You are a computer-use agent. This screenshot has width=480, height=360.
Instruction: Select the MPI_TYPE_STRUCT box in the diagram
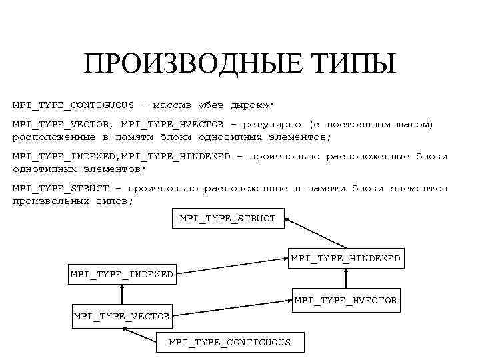click(x=228, y=218)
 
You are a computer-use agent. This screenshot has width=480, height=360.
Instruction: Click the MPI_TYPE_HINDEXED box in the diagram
click(x=345, y=258)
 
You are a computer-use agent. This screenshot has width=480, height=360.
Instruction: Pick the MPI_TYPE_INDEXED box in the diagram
click(x=121, y=274)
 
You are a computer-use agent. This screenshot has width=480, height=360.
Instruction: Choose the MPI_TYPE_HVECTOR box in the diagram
click(x=345, y=301)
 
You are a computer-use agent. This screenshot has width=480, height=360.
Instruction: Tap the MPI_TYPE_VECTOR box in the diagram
click(x=121, y=315)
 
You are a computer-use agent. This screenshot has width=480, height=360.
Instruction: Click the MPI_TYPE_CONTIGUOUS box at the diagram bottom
click(x=229, y=342)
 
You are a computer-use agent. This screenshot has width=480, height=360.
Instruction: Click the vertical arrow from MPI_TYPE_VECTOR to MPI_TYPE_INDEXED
click(x=121, y=295)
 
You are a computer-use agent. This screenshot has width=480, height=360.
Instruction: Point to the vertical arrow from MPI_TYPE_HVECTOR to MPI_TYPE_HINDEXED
click(x=346, y=279)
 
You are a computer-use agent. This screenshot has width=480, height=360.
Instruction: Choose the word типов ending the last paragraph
click(x=114, y=201)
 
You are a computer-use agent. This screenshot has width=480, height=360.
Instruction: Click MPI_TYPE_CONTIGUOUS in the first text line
click(x=72, y=105)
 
